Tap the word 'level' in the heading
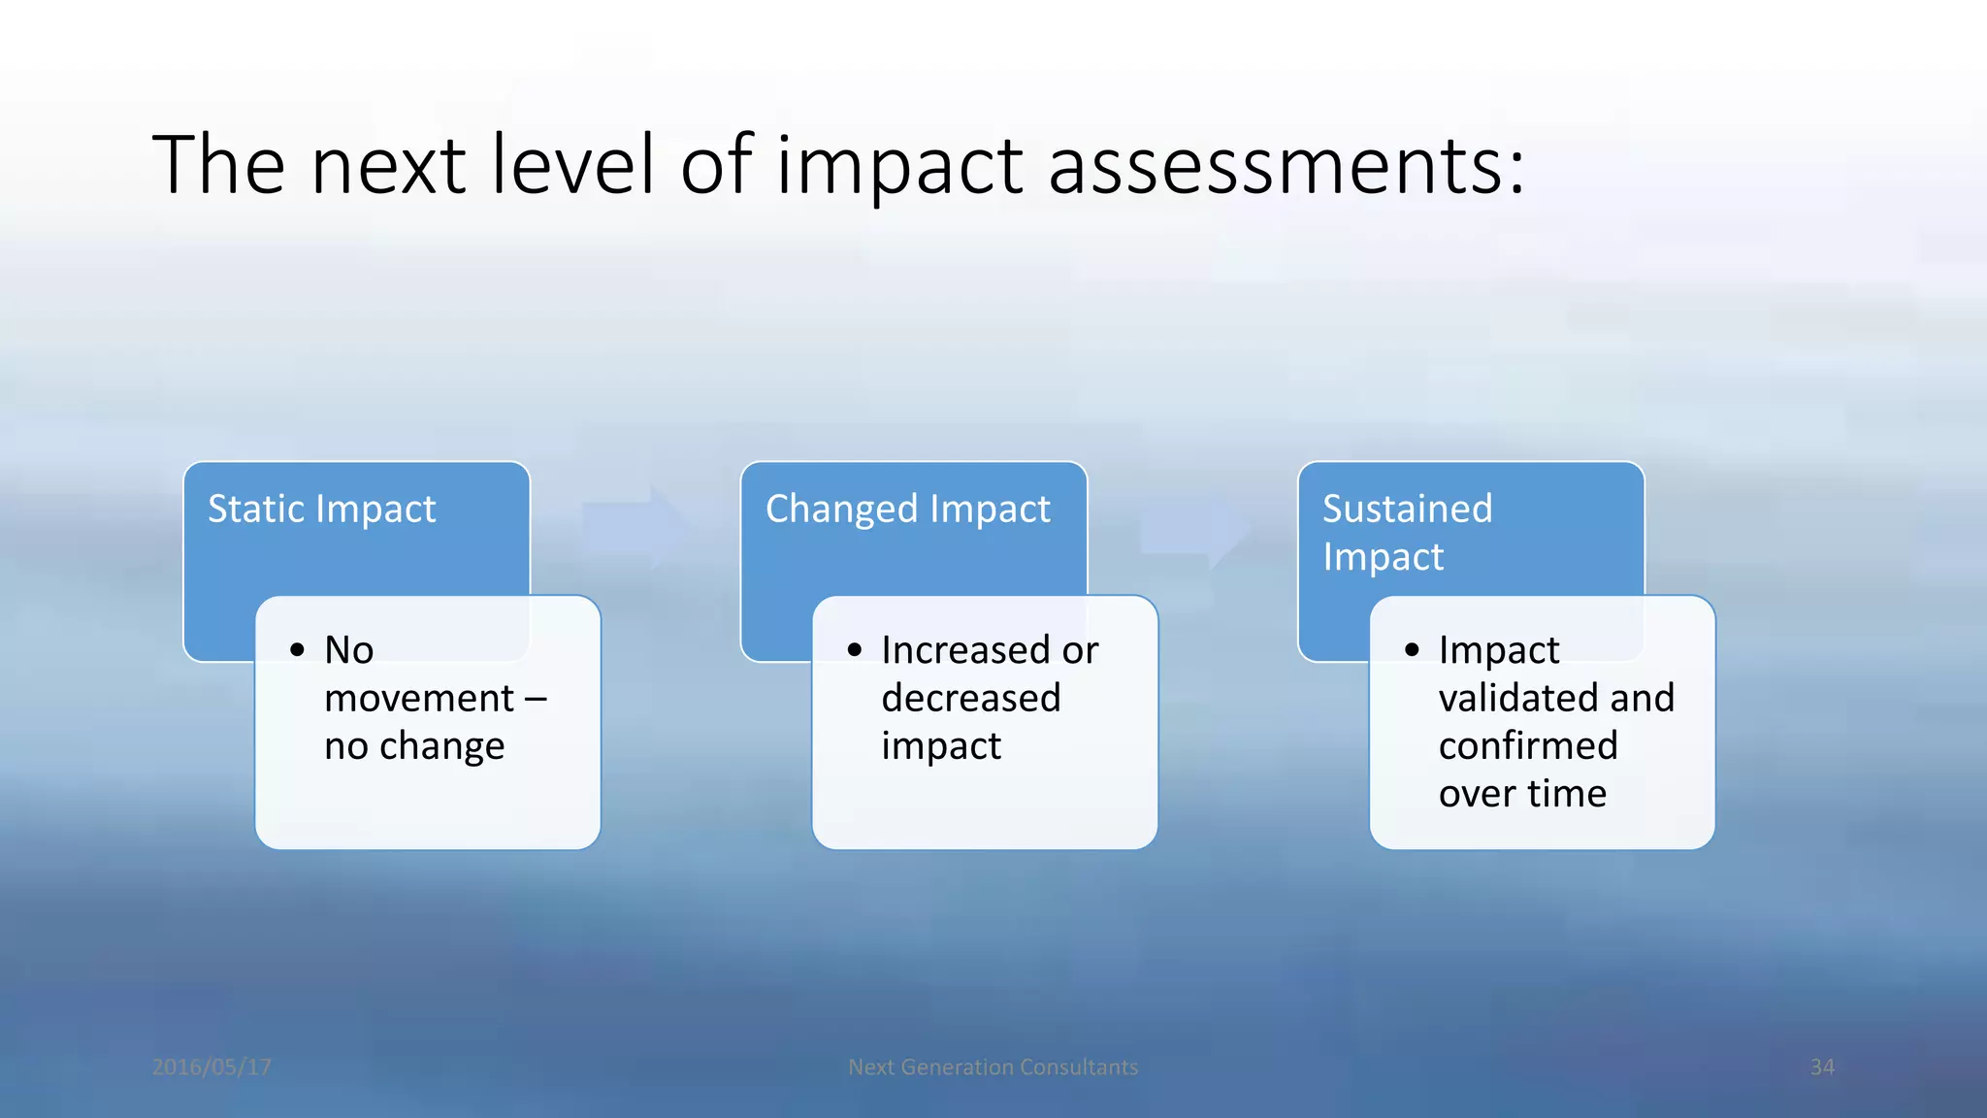pyautogui.click(x=572, y=165)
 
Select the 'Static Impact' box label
pyautogui.click(x=321, y=510)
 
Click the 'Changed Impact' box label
pyautogui.click(x=907, y=510)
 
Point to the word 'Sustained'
pyautogui.click(x=1407, y=509)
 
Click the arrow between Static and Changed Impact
pyautogui.click(x=638, y=528)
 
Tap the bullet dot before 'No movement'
pyautogui.click(x=298, y=650)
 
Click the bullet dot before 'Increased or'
pyautogui.click(x=855, y=650)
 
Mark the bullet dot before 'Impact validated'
pyautogui.click(x=1412, y=650)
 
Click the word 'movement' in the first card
pyautogui.click(x=419, y=699)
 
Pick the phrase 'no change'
pyautogui.click(x=414, y=746)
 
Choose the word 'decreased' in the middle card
pyautogui.click(x=970, y=699)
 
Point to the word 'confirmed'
pyautogui.click(x=1528, y=746)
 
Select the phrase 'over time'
pyautogui.click(x=1522, y=794)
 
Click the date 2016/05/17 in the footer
pyautogui.click(x=212, y=1068)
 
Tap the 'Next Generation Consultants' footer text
pyautogui.click(x=993, y=1068)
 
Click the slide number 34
pyautogui.click(x=1822, y=1068)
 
